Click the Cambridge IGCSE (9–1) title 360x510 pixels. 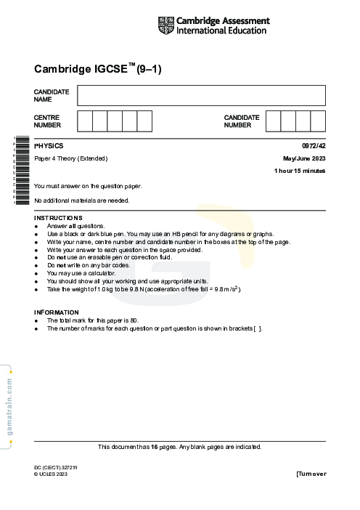point(97,69)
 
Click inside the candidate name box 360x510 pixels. point(201,95)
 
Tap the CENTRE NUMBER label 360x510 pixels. point(47,121)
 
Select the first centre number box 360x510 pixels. point(85,121)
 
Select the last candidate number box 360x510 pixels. point(318,121)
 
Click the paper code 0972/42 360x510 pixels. point(313,145)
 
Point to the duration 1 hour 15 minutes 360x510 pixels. point(300,171)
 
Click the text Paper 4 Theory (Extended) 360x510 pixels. point(71,158)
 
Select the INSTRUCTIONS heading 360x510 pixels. point(58,218)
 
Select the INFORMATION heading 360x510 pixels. point(57,312)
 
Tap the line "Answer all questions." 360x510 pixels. point(76,226)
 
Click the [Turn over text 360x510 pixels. point(311,474)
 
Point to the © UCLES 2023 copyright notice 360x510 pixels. point(50,474)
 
